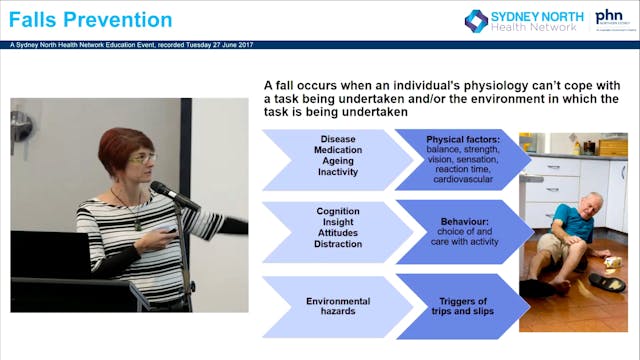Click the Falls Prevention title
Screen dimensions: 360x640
point(91,20)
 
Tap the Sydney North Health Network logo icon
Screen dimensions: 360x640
point(477,20)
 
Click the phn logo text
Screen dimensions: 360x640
point(609,17)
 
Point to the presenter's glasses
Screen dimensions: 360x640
point(142,159)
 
